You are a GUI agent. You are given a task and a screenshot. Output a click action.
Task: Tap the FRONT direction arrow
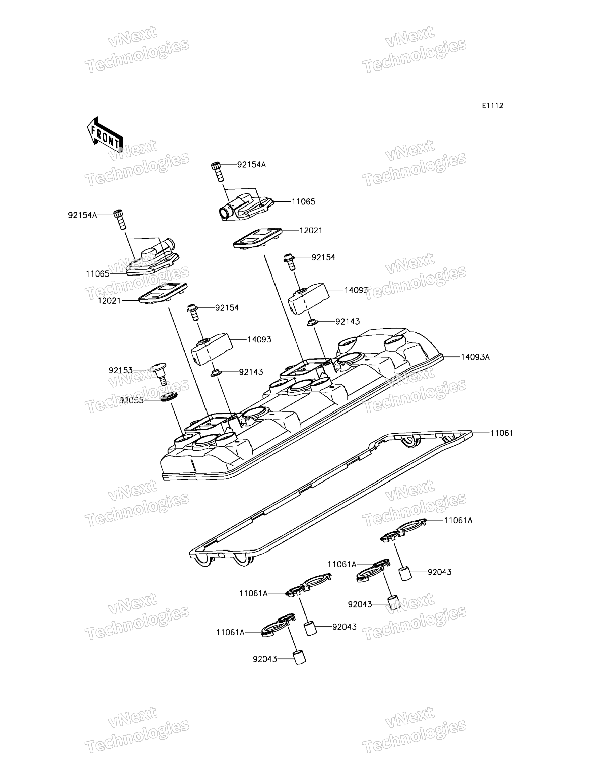105,135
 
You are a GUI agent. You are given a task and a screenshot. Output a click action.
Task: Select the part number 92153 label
121,370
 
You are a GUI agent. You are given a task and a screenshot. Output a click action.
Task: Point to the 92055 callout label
132,400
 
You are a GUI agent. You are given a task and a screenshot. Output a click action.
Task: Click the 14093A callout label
475,357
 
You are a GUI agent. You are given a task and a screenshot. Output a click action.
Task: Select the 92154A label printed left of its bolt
82,215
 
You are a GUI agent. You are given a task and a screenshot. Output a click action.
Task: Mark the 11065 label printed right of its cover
303,202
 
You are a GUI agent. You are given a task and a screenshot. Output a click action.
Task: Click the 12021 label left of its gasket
109,301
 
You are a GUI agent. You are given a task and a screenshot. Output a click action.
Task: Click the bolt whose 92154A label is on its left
119,219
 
